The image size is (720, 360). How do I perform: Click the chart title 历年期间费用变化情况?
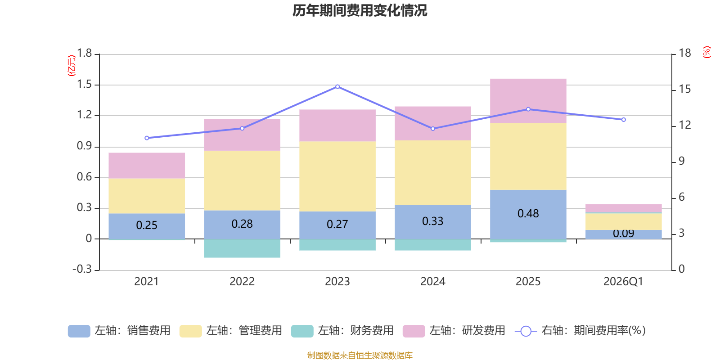pyautogui.click(x=360, y=10)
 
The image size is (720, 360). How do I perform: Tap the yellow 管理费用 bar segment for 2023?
pyautogui.click(x=337, y=176)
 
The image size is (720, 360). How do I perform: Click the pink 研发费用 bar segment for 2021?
pyautogui.click(x=147, y=166)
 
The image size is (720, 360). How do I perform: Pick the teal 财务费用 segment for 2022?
pyautogui.click(x=242, y=248)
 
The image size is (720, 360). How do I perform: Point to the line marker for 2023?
pyautogui.click(x=337, y=86)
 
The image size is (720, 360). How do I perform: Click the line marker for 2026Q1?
pyautogui.click(x=623, y=120)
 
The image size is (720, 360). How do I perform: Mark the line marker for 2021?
pyautogui.click(x=147, y=138)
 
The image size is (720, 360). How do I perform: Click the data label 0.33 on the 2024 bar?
pyautogui.click(x=432, y=221)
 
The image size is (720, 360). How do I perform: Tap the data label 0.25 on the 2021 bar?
pyautogui.click(x=147, y=225)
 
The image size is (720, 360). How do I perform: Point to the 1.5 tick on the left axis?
pyautogui.click(x=84, y=85)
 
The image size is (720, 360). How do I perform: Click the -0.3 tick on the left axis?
pyautogui.click(x=82, y=269)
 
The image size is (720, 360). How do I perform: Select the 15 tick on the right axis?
pyautogui.click(x=684, y=89)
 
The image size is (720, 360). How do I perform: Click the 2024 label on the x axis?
pyautogui.click(x=432, y=282)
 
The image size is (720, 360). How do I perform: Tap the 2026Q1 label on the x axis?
pyautogui.click(x=623, y=282)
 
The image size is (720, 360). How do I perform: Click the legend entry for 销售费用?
pyautogui.click(x=119, y=331)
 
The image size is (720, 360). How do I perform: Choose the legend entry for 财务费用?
pyautogui.click(x=342, y=331)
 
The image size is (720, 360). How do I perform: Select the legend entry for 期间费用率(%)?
pyautogui.click(x=580, y=331)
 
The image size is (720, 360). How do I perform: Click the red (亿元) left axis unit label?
pyautogui.click(x=72, y=66)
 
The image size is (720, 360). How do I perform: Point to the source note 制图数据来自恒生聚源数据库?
pyautogui.click(x=360, y=355)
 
